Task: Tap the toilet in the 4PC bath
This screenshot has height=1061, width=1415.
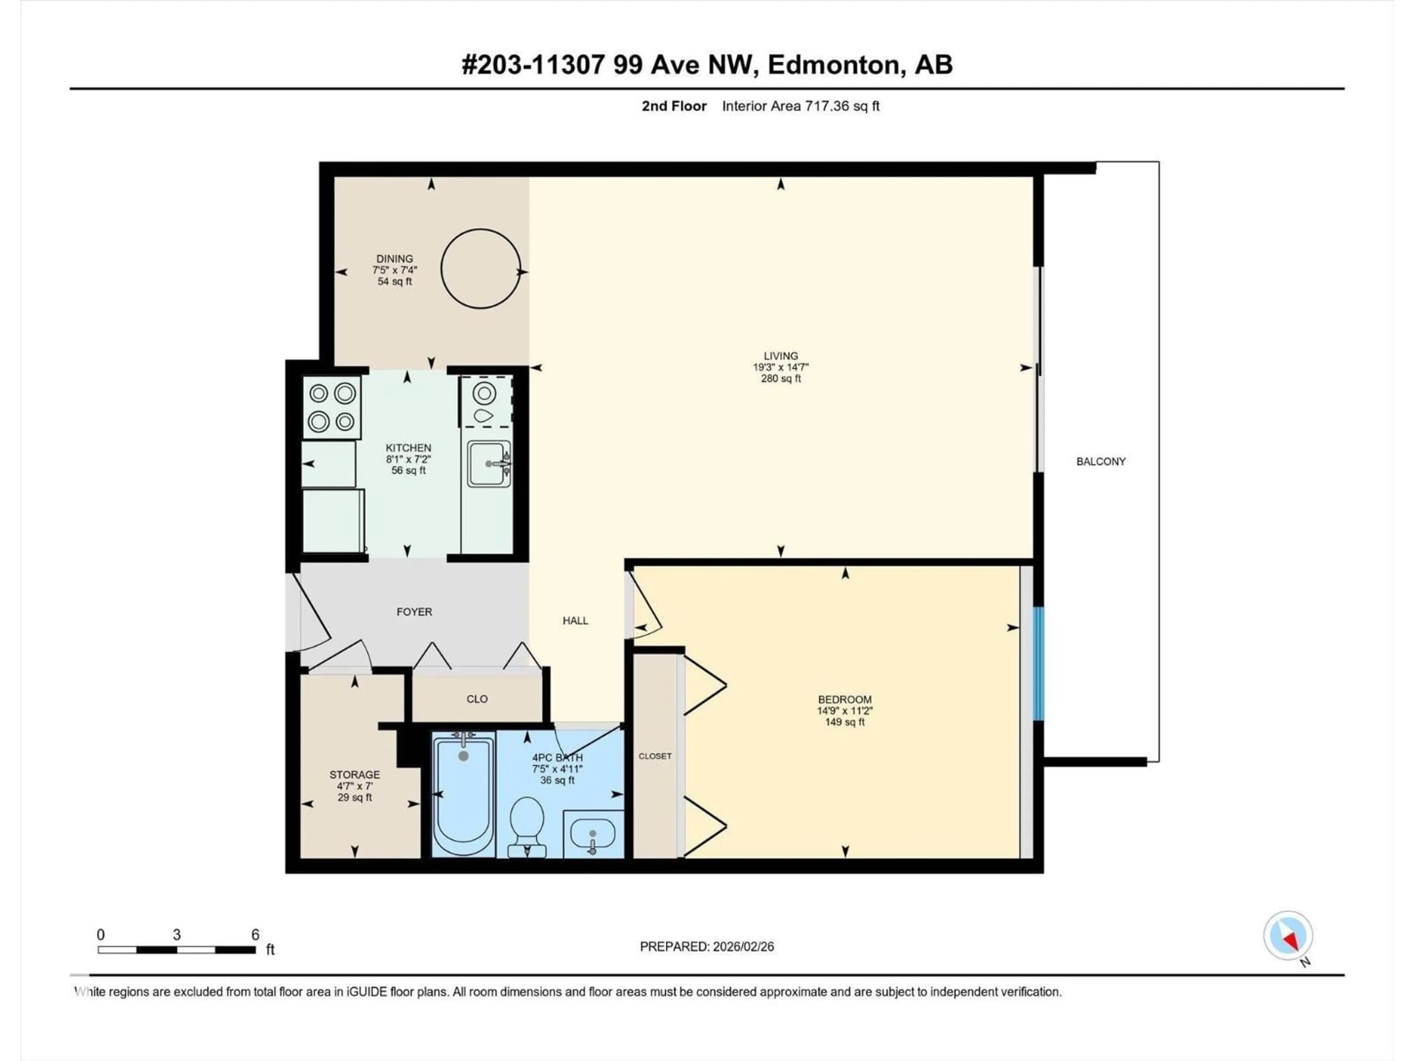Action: pos(527,825)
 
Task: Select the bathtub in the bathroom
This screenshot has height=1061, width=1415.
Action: pos(463,793)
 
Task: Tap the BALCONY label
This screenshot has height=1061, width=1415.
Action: pos(1100,461)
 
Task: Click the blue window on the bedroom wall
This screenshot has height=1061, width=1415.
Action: pos(1039,663)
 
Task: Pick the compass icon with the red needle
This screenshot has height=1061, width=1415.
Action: pos(1288,936)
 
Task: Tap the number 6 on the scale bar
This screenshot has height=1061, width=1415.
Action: pos(255,934)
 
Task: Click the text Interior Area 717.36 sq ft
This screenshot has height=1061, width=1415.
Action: pos(800,106)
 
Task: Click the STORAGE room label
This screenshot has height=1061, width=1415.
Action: pos(354,774)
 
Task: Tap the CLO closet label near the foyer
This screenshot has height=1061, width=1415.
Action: pos(476,699)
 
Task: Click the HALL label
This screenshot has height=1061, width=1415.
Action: pos(575,620)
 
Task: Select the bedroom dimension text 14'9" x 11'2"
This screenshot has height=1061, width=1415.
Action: pos(845,711)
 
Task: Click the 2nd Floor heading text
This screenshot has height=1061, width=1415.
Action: pos(674,106)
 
